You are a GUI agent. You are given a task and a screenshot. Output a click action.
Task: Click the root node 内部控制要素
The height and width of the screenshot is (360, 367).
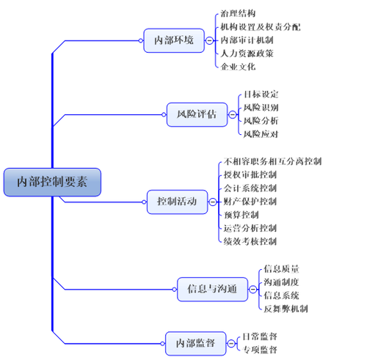pyautogui.click(x=52, y=182)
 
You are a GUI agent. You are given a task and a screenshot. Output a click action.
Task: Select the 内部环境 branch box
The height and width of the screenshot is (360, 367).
pyautogui.click(x=174, y=40)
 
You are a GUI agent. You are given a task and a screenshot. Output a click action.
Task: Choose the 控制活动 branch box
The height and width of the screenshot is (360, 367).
pyautogui.click(x=177, y=201)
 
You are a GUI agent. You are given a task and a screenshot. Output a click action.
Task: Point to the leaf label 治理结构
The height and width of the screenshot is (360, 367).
pyautogui.click(x=238, y=13)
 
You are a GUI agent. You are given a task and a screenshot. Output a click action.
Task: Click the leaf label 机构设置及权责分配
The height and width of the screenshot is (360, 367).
pyautogui.click(x=260, y=26)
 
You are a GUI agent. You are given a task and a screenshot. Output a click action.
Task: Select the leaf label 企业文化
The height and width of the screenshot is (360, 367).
pyautogui.click(x=238, y=66)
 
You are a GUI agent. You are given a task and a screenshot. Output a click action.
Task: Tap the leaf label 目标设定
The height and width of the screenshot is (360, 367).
pyautogui.click(x=261, y=94)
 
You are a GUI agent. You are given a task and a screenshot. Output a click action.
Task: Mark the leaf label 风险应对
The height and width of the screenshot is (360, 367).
pyautogui.click(x=261, y=133)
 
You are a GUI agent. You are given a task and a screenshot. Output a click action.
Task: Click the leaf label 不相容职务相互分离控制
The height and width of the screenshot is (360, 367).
pyautogui.click(x=272, y=161)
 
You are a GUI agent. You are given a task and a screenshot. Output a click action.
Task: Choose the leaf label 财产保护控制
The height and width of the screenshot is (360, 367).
pyautogui.click(x=250, y=201)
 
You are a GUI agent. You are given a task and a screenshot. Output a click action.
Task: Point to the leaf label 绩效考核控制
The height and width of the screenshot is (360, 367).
pyautogui.click(x=250, y=240)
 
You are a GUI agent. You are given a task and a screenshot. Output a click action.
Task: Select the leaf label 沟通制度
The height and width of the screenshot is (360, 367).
pyautogui.click(x=281, y=282)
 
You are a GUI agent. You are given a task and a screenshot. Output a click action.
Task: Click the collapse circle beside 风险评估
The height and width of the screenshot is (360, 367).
pyautogui.click(x=233, y=114)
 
